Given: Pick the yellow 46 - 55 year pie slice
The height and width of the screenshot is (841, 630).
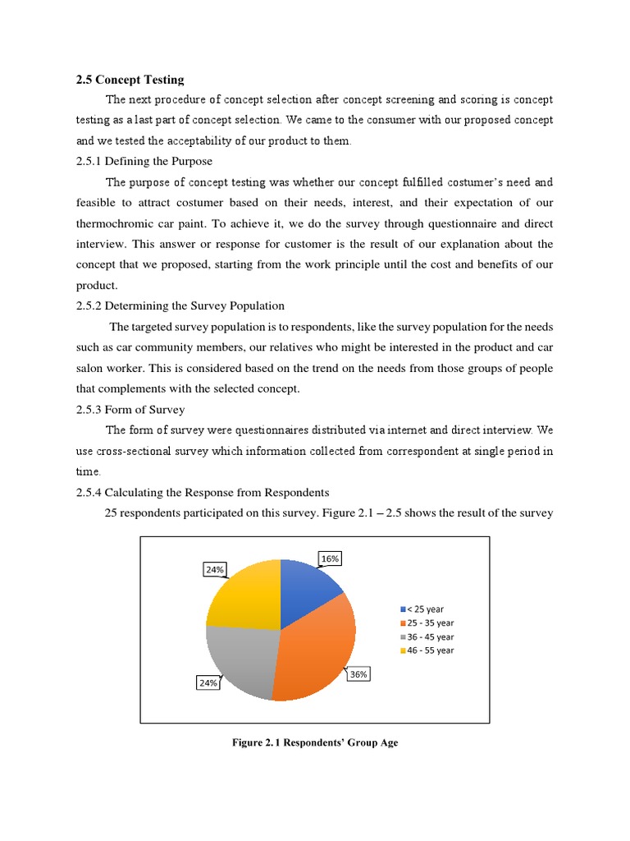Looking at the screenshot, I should click(246, 593).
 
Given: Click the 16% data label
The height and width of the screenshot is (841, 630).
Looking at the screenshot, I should click(330, 558).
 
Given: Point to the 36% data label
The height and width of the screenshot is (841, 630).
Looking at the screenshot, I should click(358, 674).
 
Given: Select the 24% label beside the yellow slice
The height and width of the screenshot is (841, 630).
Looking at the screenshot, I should click(214, 568).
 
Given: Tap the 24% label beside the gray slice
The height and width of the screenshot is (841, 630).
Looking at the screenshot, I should click(208, 682).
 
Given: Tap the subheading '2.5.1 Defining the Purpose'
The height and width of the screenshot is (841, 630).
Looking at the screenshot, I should click(144, 162).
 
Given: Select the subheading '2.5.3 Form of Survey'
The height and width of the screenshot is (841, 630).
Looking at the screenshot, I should click(130, 410).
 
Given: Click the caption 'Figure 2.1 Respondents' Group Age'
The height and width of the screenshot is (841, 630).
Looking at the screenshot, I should click(315, 743).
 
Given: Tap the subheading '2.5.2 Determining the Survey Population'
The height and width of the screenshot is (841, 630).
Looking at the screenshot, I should click(180, 306).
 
